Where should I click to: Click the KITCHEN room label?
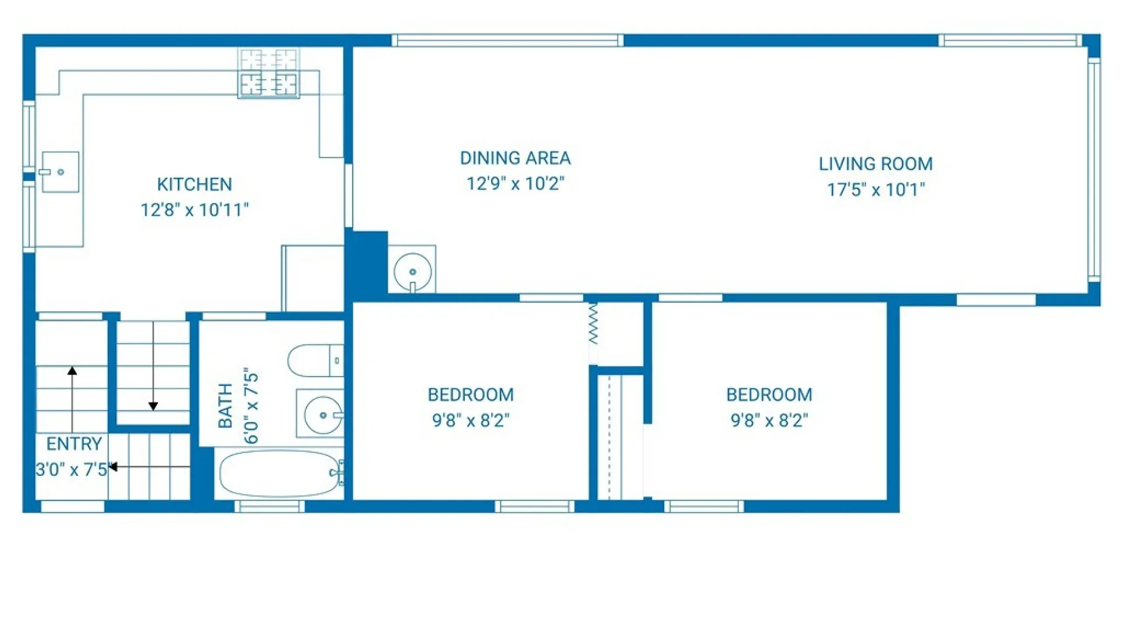195,185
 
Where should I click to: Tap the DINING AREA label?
515,158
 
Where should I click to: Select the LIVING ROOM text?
875,164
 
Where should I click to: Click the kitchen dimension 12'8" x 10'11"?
195,210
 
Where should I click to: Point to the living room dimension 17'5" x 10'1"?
875,190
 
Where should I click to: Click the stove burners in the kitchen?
269,73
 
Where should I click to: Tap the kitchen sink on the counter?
60,172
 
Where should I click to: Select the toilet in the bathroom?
316,360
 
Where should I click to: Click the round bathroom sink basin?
323,415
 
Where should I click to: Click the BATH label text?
225,405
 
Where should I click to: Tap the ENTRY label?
74,444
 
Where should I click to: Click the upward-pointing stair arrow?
72,400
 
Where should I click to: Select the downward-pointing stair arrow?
153,366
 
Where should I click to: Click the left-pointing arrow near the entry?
149,467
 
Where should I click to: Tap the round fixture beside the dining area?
413,272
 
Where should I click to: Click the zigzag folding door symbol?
593,323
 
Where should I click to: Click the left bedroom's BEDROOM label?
471,395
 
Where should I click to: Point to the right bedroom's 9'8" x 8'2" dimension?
770,421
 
